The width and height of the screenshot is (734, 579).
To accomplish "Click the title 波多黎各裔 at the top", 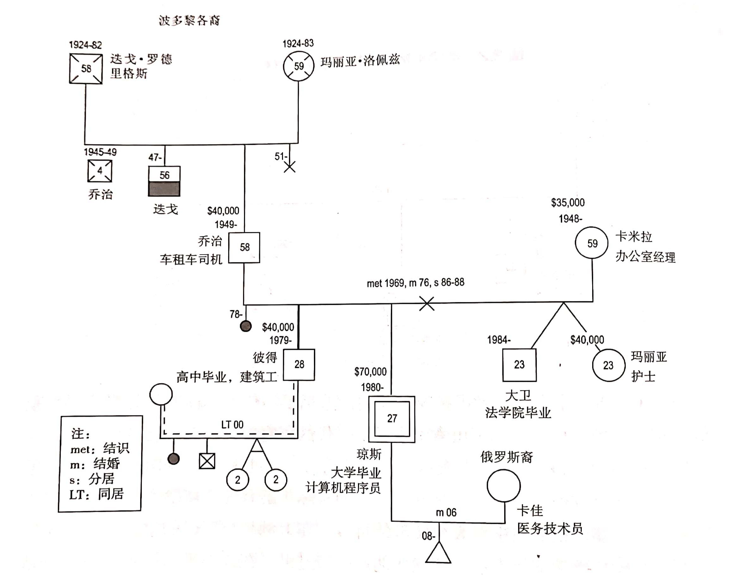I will [x=189, y=21].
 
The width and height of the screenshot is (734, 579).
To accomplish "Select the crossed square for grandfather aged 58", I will [x=86, y=68].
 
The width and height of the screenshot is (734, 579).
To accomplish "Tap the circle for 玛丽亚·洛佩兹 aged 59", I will [x=298, y=66].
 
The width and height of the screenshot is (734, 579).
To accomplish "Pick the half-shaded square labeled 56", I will [x=164, y=181].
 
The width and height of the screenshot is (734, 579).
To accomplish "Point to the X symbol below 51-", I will [x=290, y=167].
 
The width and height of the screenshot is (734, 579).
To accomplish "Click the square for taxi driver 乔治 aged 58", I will [x=244, y=248].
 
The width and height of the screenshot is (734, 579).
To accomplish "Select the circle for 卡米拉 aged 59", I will [x=592, y=243].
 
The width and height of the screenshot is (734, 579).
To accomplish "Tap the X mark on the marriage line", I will [x=427, y=303].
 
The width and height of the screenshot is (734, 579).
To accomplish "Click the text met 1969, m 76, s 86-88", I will [x=415, y=283].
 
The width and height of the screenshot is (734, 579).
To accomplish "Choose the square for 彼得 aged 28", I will [x=299, y=364].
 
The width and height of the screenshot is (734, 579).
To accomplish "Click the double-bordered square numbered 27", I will [x=392, y=419].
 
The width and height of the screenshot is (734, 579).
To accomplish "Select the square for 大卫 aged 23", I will [x=519, y=365].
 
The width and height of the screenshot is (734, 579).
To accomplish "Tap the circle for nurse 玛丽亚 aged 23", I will [x=608, y=365].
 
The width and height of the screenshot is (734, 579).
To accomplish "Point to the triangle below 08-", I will [x=438, y=554].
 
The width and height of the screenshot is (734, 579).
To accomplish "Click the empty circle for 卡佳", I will [x=504, y=486].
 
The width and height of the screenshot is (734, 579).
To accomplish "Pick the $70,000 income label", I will [x=370, y=372].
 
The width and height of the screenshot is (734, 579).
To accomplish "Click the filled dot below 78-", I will [x=246, y=326].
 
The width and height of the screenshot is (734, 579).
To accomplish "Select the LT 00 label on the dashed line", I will [x=232, y=425].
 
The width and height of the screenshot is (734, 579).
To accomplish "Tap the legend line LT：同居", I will [x=97, y=495].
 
